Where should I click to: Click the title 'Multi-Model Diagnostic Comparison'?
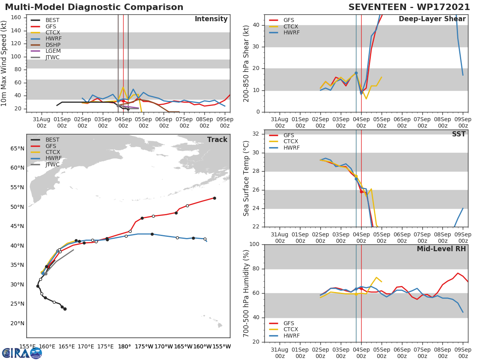94,7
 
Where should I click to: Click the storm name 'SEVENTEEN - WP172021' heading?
408,7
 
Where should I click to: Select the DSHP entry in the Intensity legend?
53,45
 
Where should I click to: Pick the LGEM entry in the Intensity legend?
53,51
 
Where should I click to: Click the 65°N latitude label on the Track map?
17,148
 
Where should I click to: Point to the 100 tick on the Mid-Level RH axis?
254,244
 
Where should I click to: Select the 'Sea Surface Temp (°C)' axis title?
246,178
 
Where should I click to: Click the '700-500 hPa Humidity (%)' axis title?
246,293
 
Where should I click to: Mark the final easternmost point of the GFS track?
214,198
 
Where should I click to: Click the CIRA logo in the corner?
22,353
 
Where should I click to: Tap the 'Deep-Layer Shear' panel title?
432,19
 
